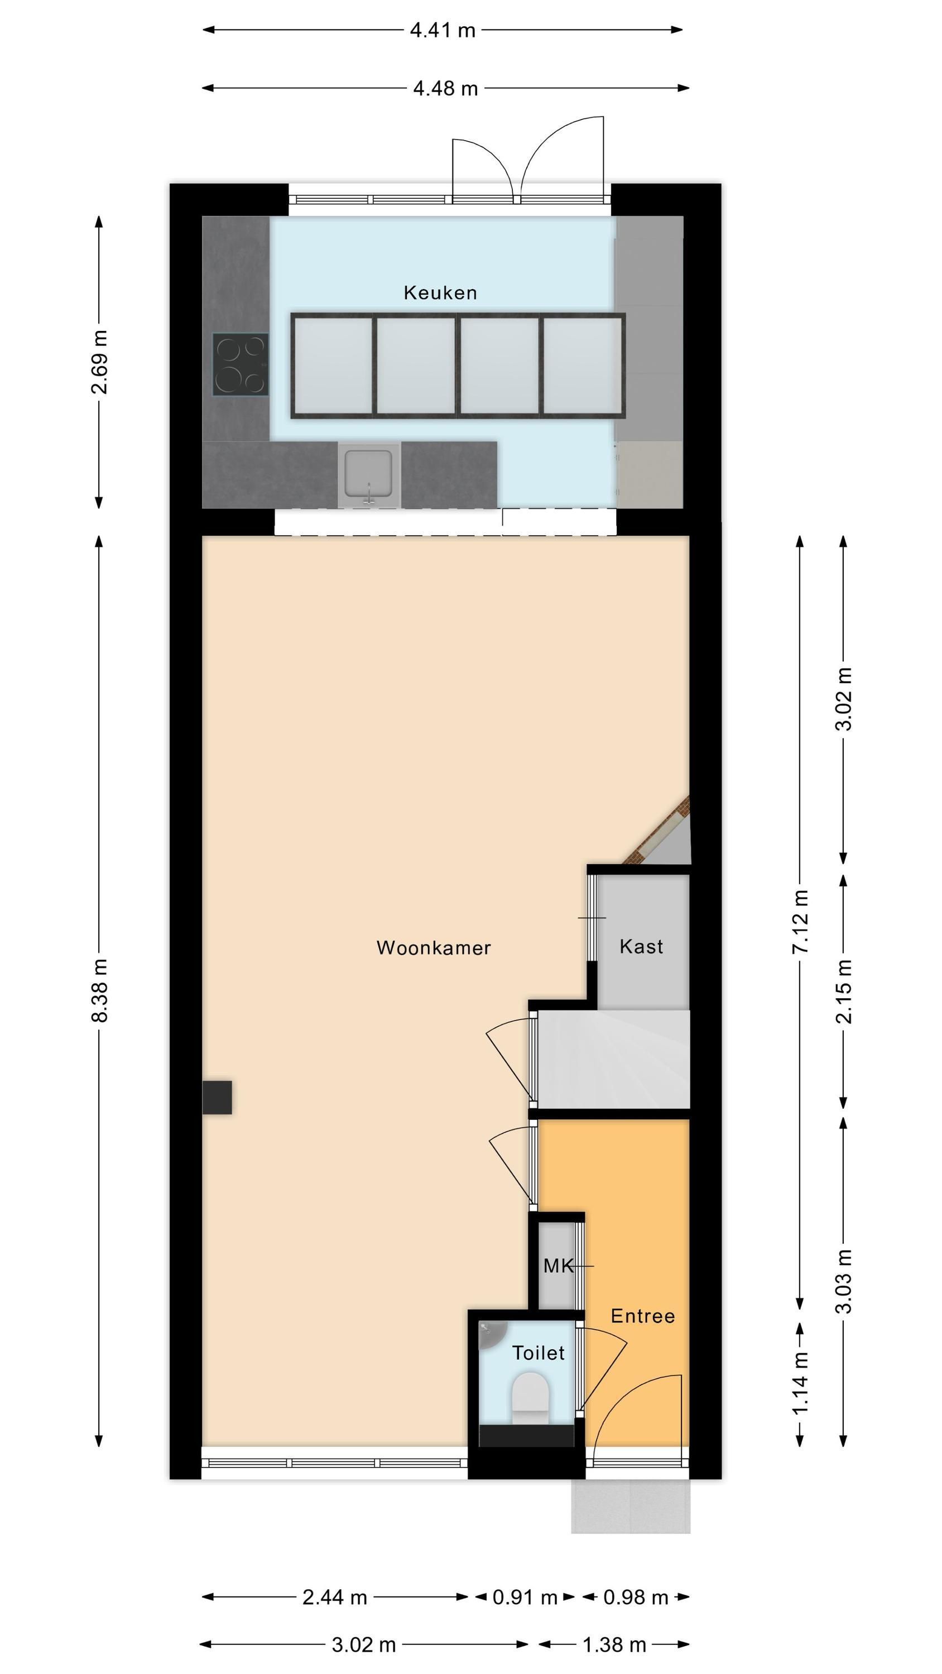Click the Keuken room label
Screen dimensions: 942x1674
440,292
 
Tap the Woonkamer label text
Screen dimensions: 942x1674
434,947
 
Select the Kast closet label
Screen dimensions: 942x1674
642,946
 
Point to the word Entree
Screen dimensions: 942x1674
643,1316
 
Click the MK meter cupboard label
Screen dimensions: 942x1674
559,1266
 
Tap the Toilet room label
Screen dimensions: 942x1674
539,1353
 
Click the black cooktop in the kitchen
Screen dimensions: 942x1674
240,364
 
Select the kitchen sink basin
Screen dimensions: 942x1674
369,473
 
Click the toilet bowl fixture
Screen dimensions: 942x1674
531,1399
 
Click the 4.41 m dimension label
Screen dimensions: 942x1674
443,30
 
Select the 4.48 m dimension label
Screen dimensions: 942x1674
445,88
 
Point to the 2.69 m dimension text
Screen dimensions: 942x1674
99,362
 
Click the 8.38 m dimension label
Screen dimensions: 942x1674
99,990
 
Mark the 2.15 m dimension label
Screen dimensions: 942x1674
843,991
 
